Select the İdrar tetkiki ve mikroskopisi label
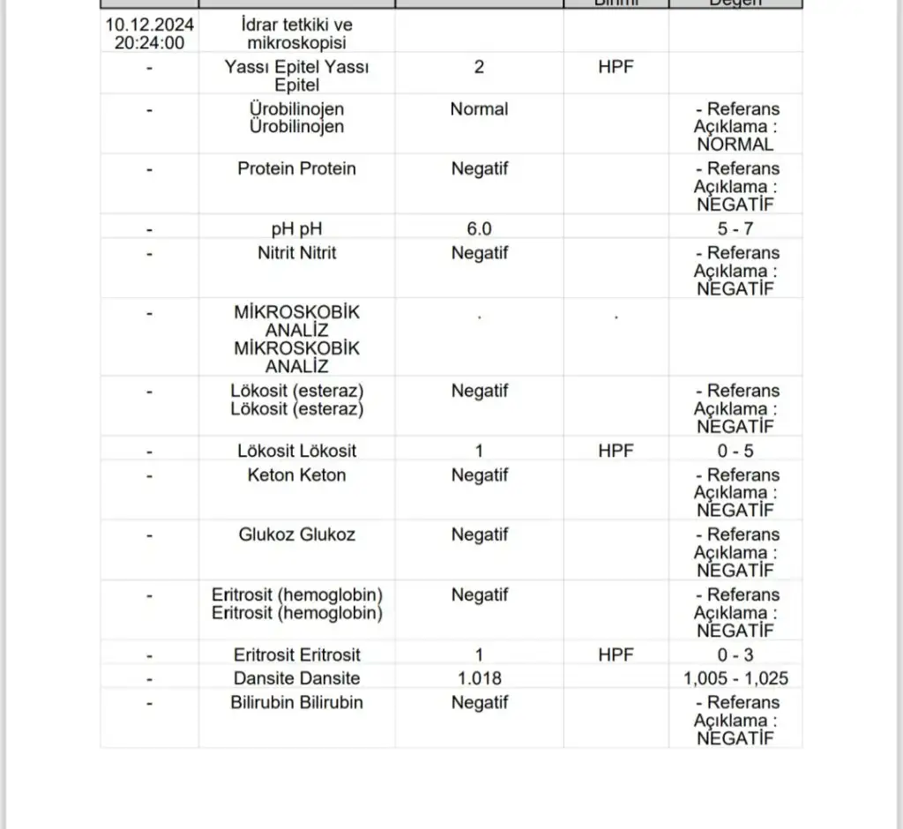pyautogui.click(x=296, y=34)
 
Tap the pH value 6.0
pyautogui.click(x=479, y=229)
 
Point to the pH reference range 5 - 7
pyautogui.click(x=735, y=229)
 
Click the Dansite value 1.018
pyautogui.click(x=479, y=678)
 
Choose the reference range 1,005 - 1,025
pyautogui.click(x=735, y=678)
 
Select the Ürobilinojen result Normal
pyautogui.click(x=479, y=109)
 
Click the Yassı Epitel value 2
pyautogui.click(x=479, y=67)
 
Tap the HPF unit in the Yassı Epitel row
pyautogui.click(x=616, y=67)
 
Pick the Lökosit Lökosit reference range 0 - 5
pyautogui.click(x=735, y=451)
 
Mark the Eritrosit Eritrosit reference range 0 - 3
pyautogui.click(x=735, y=655)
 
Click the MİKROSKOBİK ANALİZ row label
pyautogui.click(x=296, y=339)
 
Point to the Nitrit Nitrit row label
pyautogui.click(x=296, y=253)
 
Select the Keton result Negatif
pyautogui.click(x=479, y=475)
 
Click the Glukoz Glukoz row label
pyautogui.click(x=296, y=534)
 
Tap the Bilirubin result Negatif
pyautogui.click(x=479, y=703)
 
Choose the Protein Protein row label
pyautogui.click(x=296, y=168)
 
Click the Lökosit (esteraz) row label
pyautogui.click(x=296, y=400)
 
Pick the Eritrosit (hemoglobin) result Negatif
pyautogui.click(x=479, y=595)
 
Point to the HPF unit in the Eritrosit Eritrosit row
pyautogui.click(x=616, y=655)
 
